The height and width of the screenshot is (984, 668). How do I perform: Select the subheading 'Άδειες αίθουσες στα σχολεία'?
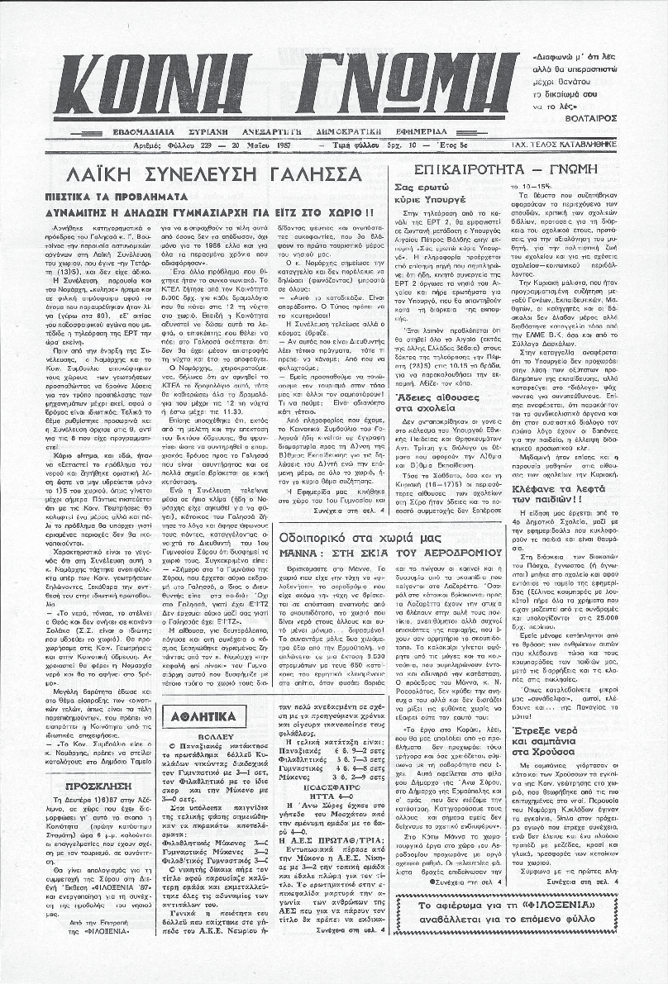(437, 403)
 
